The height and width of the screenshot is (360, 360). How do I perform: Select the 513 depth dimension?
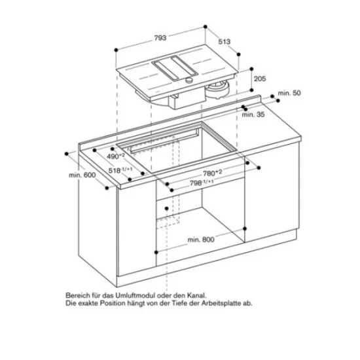click(225, 41)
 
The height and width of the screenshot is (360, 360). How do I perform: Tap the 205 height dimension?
click(260, 79)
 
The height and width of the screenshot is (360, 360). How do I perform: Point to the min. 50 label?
click(288, 94)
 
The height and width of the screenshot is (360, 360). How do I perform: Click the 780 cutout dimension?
click(211, 172)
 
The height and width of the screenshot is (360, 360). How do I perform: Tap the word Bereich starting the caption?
click(77, 296)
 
